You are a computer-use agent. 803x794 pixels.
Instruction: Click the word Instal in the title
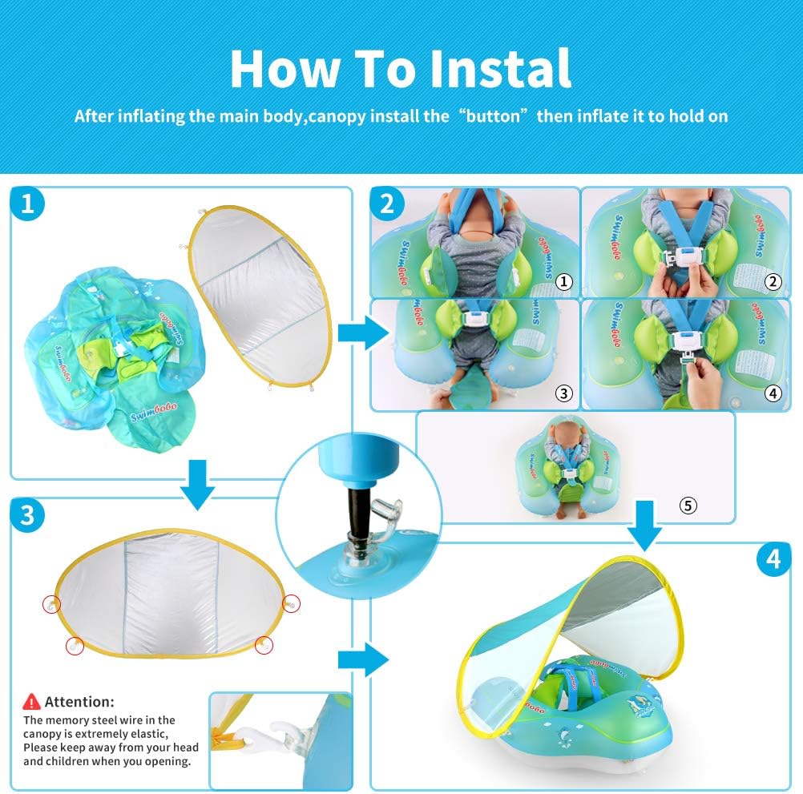click(500, 69)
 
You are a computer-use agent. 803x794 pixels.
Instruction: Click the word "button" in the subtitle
click(492, 116)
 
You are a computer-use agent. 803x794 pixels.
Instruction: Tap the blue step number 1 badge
click(27, 204)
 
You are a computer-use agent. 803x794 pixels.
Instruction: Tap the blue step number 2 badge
click(387, 204)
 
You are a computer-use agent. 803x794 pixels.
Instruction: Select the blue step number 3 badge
click(27, 514)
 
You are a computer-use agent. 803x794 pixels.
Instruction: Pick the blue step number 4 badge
click(774, 558)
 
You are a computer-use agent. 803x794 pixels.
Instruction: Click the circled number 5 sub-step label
click(688, 506)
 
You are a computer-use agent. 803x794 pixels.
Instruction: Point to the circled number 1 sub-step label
click(564, 281)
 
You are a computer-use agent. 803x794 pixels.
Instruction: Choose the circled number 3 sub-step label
click(564, 393)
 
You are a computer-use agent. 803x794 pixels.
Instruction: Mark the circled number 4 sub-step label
click(773, 393)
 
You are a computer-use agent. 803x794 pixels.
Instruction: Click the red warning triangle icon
click(31, 702)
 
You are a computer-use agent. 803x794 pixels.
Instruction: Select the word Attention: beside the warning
click(79, 702)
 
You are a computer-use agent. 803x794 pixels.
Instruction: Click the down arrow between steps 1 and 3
click(198, 484)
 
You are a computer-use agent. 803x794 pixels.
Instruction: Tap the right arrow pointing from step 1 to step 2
click(364, 333)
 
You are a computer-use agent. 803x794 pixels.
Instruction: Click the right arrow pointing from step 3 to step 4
click(364, 660)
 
